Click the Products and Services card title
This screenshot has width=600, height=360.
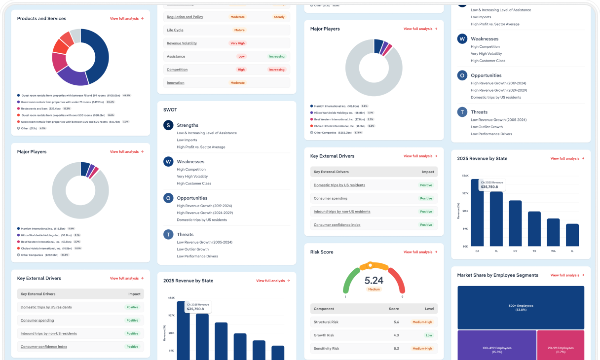(41, 19)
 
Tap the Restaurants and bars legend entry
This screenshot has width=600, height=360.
(41, 108)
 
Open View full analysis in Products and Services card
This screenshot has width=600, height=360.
(127, 19)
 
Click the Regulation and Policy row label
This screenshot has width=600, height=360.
(185, 17)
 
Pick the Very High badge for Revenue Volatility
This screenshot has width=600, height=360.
(237, 43)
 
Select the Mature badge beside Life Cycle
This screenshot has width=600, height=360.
(239, 30)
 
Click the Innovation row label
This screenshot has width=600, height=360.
(176, 83)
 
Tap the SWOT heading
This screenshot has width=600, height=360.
(170, 110)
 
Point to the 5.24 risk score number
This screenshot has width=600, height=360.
(374, 281)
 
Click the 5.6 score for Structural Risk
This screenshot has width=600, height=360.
(396, 322)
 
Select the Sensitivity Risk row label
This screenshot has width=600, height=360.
(326, 349)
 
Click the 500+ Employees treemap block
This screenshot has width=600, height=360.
(521, 307)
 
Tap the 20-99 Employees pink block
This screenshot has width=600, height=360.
(560, 350)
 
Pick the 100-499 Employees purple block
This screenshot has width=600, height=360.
(496, 350)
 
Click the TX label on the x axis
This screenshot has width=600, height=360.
(534, 251)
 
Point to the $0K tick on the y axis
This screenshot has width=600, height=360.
(465, 246)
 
